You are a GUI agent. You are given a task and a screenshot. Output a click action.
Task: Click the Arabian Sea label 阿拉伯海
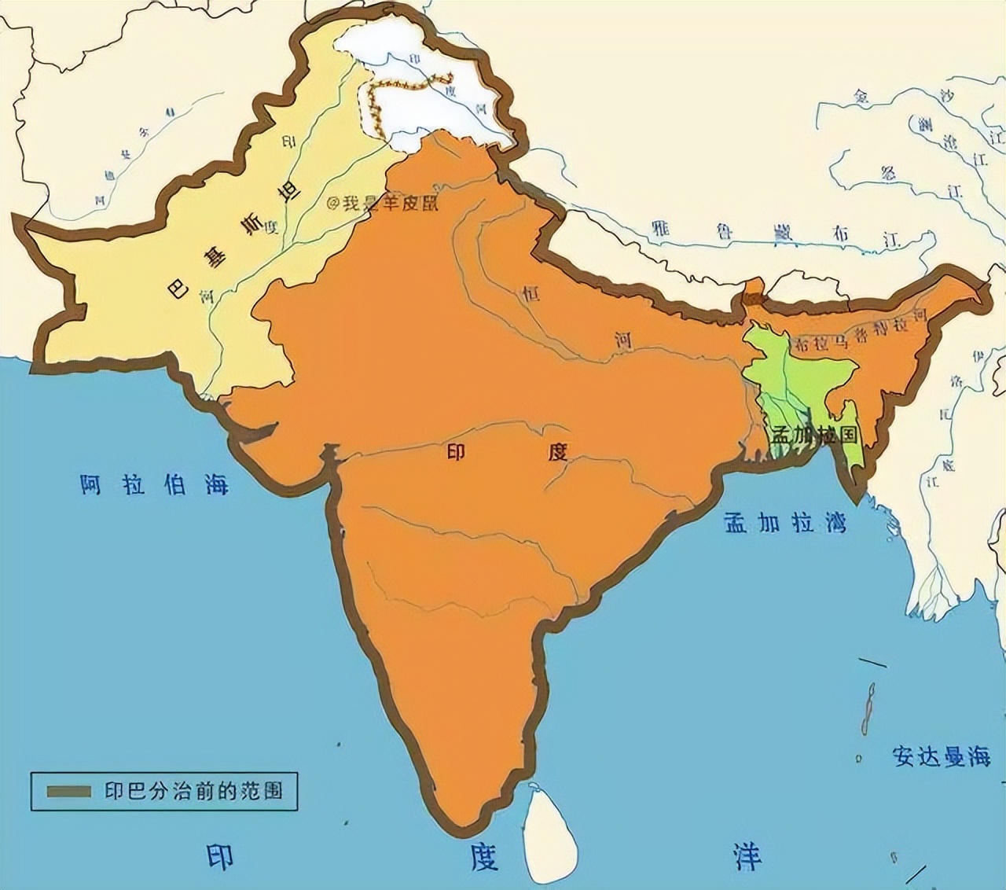(154, 484)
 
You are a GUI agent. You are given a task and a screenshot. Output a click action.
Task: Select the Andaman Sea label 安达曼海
(941, 756)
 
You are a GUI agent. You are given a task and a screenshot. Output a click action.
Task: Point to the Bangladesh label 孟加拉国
(813, 435)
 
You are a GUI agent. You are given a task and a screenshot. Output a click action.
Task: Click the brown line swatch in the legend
(70, 790)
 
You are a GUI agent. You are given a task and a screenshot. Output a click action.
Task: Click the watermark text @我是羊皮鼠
(383, 203)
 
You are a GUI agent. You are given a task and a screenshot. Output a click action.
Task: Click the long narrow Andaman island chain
(869, 708)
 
